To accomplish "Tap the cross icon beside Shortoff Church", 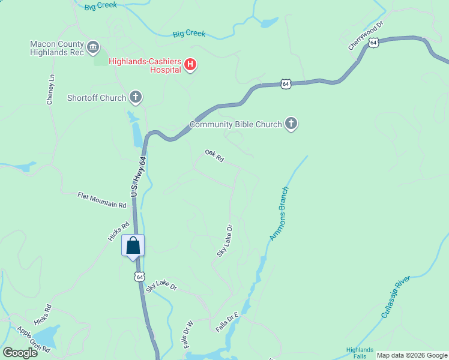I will [x=136, y=97].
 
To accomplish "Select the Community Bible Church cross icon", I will [x=291, y=124].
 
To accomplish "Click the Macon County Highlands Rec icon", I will [x=93, y=46].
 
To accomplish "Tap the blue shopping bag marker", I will [x=133, y=245].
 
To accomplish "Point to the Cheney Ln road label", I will [x=51, y=90].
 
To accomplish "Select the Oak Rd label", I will [x=214, y=156].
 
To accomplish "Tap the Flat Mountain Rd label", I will [x=102, y=200].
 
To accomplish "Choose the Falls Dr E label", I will [x=228, y=323].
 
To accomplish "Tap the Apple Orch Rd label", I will [x=33, y=340].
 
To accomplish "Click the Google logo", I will [x=20, y=353].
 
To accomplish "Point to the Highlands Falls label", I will [x=360, y=353].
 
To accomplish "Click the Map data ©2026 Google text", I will [x=412, y=355].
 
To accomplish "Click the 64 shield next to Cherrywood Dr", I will [x=374, y=43].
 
